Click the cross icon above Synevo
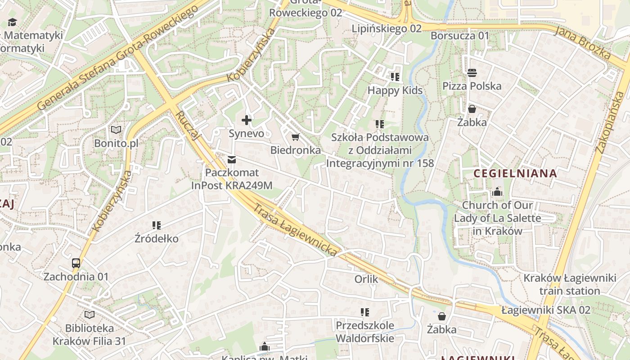coord(247,120)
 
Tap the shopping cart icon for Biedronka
coord(295,137)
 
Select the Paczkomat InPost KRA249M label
coord(232,179)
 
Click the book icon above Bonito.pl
coord(116,130)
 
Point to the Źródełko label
coord(157,238)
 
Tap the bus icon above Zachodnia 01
coord(76,263)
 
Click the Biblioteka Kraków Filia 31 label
coord(90,334)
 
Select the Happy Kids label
coord(395,90)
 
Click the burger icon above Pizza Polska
coord(472,72)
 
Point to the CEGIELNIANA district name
coord(515,173)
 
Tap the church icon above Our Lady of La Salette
coord(497,192)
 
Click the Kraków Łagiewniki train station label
coord(570,284)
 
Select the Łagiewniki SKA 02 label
coord(546,310)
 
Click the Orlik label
coord(366,279)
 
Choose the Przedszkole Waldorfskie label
coord(365,332)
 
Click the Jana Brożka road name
coord(582,43)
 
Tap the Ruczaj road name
coord(187,126)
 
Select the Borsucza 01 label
coord(460,36)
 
